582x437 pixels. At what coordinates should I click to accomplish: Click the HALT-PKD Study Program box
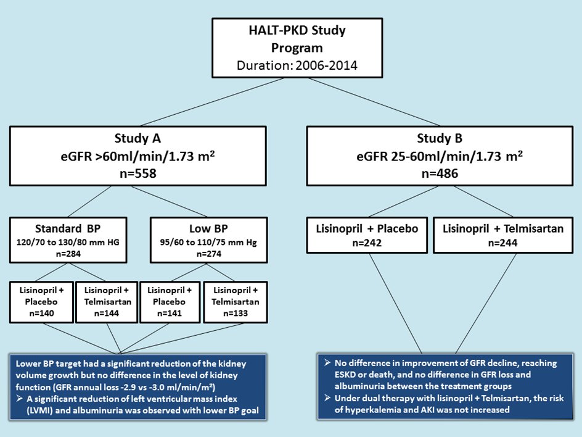[x=297, y=48]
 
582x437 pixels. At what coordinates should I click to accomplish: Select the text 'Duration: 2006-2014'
[x=297, y=65]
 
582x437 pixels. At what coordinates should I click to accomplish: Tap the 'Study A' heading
[x=137, y=138]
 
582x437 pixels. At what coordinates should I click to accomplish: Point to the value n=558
[x=137, y=173]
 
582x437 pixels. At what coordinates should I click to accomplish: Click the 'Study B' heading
[x=440, y=138]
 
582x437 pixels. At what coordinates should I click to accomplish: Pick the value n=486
[x=440, y=173]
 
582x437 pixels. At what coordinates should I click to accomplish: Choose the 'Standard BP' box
[x=68, y=240]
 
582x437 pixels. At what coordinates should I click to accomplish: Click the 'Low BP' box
[x=208, y=240]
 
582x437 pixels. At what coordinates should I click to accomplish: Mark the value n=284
[x=68, y=254]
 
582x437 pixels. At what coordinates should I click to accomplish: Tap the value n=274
[x=208, y=254]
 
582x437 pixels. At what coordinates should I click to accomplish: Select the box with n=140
[x=41, y=302]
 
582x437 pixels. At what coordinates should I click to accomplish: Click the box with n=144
[x=107, y=302]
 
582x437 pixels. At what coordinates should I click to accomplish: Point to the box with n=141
[x=170, y=302]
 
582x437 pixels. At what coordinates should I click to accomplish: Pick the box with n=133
[x=236, y=302]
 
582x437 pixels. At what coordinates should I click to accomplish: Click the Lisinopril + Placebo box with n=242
[x=367, y=235]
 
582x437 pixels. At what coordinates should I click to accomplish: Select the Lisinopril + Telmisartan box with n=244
[x=503, y=235]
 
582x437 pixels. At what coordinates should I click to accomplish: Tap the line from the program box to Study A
[x=212, y=102]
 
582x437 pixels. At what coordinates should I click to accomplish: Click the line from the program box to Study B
[x=374, y=102]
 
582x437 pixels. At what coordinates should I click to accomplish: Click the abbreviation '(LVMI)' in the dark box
[x=39, y=410]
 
